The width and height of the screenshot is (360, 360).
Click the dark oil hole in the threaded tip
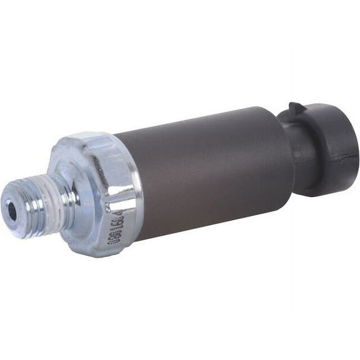click(12, 211)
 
